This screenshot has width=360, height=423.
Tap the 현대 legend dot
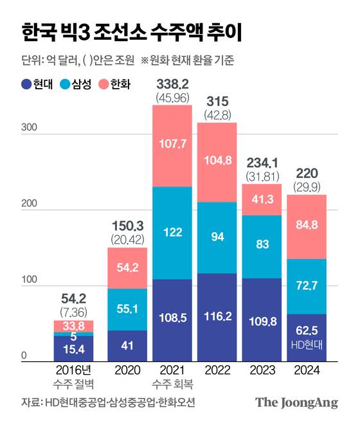26,84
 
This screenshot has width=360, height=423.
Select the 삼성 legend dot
65,84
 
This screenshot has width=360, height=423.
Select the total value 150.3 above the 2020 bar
127,226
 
